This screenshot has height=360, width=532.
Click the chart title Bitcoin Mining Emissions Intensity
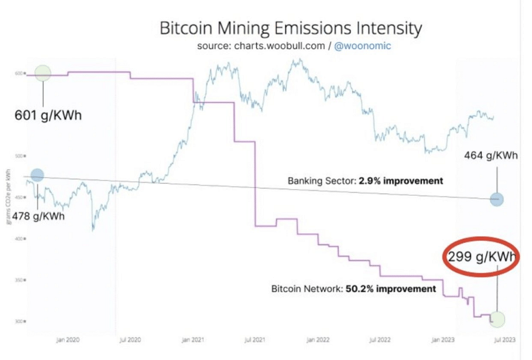click(291, 28)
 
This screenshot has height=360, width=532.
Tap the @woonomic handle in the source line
click(362, 46)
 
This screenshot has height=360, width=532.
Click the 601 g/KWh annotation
click(48, 115)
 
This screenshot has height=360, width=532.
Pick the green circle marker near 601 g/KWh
click(43, 73)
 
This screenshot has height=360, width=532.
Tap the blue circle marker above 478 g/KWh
click(37, 175)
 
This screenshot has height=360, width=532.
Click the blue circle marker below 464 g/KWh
click(496, 200)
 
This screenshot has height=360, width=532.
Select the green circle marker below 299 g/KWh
click(497, 319)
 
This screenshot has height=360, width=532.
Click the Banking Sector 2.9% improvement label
click(366, 181)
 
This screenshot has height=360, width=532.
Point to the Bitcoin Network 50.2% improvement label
click(354, 289)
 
